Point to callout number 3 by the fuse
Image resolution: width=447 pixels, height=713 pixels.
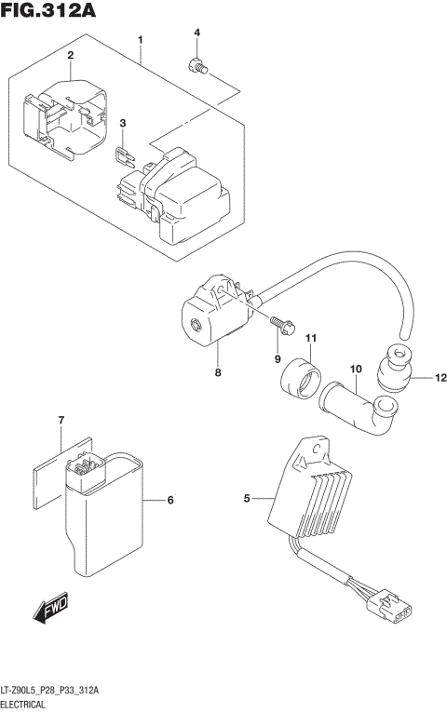point(122,123)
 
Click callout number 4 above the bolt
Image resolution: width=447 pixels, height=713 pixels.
point(196,34)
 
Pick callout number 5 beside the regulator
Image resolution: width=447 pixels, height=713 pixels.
point(248,500)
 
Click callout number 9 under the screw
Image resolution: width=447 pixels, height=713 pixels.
point(277,359)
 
